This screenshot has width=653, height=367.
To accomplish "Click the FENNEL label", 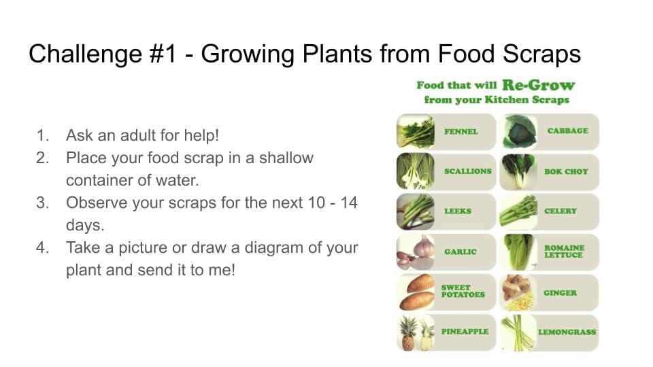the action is click(x=461, y=131).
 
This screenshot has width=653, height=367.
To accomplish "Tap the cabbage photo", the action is click(x=518, y=131).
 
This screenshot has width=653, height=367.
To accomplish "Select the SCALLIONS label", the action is click(x=468, y=171).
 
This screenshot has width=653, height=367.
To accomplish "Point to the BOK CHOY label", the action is click(x=566, y=171).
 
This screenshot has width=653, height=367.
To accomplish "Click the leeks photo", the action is click(x=415, y=212).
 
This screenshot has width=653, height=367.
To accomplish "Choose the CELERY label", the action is click(x=560, y=211).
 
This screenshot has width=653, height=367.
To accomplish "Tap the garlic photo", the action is click(x=415, y=251).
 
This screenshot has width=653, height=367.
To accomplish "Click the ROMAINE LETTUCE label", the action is click(x=565, y=251).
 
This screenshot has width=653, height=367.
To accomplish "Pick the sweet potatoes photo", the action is click(x=415, y=292).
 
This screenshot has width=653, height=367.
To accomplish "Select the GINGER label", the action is click(x=560, y=293).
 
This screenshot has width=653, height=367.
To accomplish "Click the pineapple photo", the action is click(x=415, y=332).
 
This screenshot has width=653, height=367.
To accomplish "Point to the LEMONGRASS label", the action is click(x=567, y=332).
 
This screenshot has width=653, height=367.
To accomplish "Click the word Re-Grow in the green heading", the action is click(x=538, y=85).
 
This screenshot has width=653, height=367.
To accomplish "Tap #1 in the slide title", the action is click(x=163, y=54).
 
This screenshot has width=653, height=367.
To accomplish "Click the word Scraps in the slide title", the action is click(x=541, y=55).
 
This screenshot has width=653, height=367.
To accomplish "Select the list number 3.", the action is click(x=42, y=203).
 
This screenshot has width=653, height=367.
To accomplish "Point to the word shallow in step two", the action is click(x=286, y=158).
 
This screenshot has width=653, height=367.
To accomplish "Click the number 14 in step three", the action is click(x=349, y=203).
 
